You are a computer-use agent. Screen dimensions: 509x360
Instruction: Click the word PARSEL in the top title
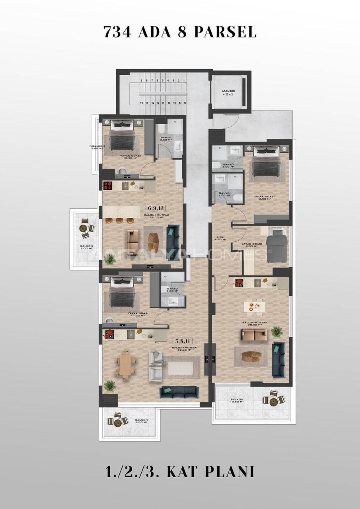(225, 32)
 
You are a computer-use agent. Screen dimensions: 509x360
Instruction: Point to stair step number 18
(185, 103)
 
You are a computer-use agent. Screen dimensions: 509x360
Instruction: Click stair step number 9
(141, 81)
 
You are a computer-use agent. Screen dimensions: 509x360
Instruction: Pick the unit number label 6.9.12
(156, 208)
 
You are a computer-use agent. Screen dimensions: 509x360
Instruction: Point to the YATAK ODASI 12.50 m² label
(265, 198)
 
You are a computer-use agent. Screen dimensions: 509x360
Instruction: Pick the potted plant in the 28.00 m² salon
(276, 331)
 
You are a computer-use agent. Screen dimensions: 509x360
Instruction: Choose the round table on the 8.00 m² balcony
(118, 423)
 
